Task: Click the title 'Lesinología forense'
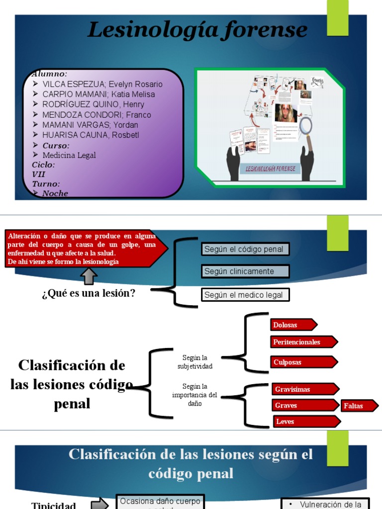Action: click(197, 30)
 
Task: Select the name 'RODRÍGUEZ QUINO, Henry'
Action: click(93, 104)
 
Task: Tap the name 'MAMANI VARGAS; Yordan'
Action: click(90, 125)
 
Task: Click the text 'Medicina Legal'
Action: click(69, 155)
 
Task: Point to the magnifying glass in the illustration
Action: click(306, 127)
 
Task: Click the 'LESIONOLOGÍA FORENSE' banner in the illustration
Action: click(271, 169)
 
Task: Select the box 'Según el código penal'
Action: click(245, 249)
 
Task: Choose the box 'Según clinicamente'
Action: click(245, 271)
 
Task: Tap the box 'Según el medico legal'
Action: click(245, 295)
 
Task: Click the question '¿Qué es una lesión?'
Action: click(89, 293)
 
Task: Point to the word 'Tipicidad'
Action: click(54, 505)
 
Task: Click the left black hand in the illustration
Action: click(233, 162)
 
